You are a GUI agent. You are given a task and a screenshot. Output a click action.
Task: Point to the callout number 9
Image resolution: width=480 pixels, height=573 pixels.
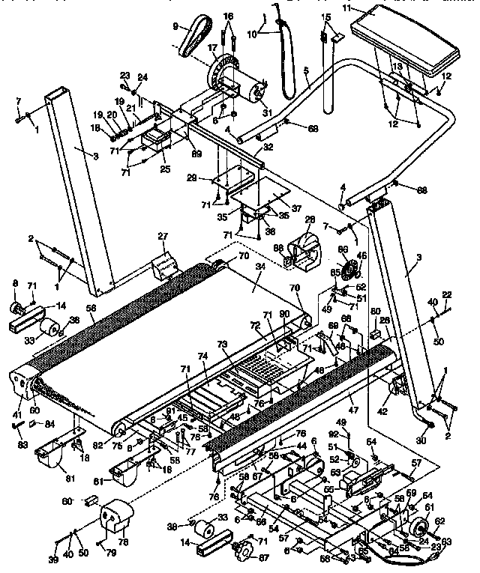click(x=175, y=25)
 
